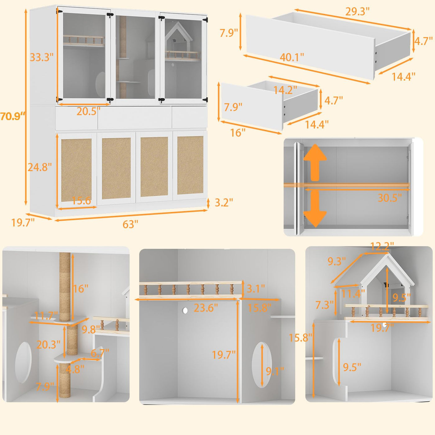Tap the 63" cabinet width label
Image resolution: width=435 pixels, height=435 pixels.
130,224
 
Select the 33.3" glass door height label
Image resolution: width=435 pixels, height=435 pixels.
42,57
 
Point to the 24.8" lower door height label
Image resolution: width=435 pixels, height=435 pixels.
40,167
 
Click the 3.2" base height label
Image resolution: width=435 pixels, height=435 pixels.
223,203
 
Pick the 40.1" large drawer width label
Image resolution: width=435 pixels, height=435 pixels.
292,57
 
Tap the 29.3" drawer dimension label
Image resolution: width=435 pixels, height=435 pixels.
358,11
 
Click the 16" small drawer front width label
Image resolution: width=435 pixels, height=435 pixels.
238,132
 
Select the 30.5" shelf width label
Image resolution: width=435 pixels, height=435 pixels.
390,198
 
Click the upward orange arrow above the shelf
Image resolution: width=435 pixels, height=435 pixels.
315,163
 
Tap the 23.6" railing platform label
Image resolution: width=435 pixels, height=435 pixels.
206,308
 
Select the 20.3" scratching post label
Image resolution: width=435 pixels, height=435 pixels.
48,345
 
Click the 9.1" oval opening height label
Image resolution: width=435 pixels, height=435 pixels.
275,371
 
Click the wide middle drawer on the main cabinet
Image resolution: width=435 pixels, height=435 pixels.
135,118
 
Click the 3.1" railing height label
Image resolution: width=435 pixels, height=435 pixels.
255,288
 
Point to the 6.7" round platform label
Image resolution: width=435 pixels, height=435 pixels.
100,353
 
